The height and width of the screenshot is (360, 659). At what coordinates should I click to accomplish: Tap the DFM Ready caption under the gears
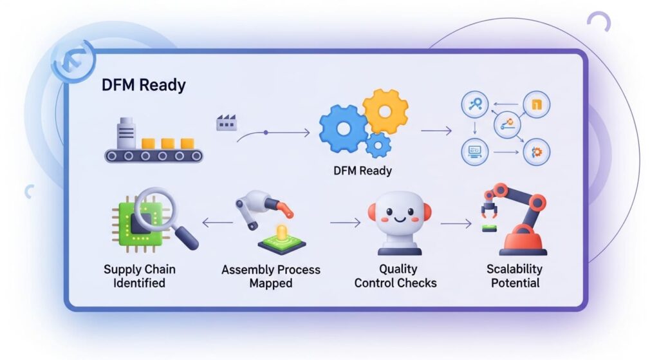pyautogui.click(x=362, y=171)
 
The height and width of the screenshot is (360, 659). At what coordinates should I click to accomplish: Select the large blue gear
pyautogui.click(x=342, y=128)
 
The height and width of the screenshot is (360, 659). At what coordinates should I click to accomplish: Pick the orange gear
pyautogui.click(x=385, y=111)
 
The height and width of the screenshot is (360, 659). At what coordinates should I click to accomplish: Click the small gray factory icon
pyautogui.click(x=225, y=122)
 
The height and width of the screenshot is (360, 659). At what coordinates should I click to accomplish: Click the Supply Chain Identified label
pyautogui.click(x=139, y=276)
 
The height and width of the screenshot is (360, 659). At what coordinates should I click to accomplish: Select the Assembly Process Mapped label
pyautogui.click(x=270, y=276)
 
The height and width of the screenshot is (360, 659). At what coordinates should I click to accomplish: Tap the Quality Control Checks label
pyautogui.click(x=395, y=276)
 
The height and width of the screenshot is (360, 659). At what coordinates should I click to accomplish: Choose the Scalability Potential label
pyautogui.click(x=514, y=276)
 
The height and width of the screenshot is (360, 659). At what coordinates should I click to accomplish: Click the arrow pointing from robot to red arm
pyautogui.click(x=456, y=224)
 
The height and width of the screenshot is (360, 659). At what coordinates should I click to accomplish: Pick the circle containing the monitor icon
pyautogui.click(x=476, y=152)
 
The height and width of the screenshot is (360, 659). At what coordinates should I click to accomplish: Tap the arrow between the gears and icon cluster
pyautogui.click(x=436, y=131)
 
